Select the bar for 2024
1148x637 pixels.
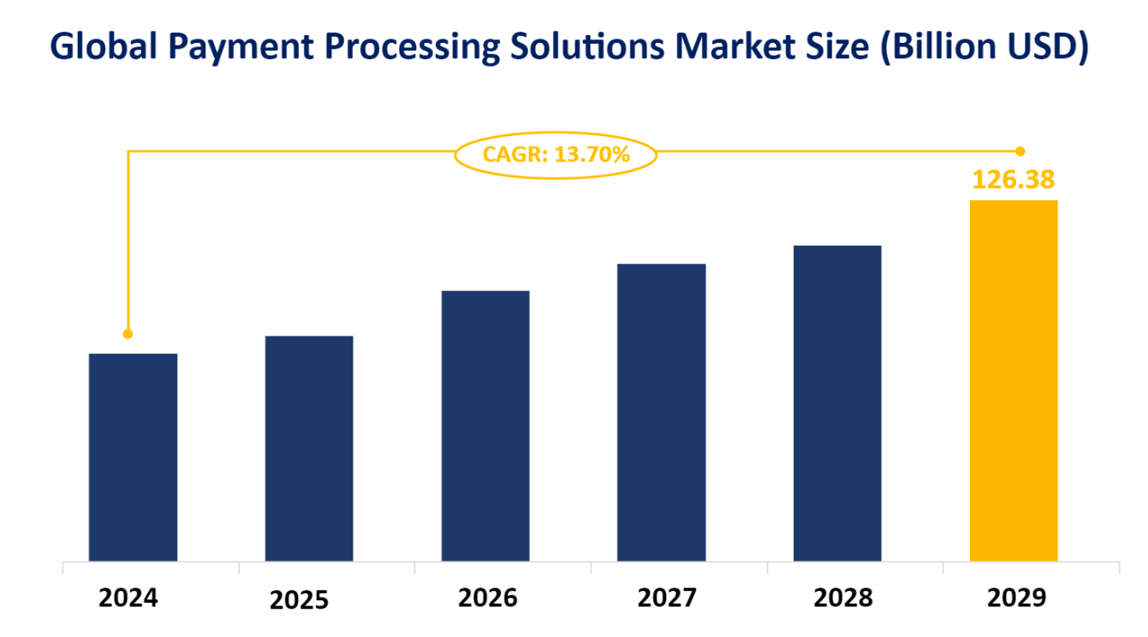pyautogui.click(x=133, y=457)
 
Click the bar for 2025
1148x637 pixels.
pyautogui.click(x=309, y=449)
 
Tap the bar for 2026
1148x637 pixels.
pyautogui.click(x=485, y=426)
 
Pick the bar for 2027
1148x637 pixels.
pyautogui.click(x=662, y=412)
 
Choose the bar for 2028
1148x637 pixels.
pyautogui.click(x=837, y=403)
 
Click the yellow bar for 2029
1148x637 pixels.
pyautogui.click(x=1014, y=381)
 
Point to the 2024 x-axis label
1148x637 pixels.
pyautogui.click(x=128, y=598)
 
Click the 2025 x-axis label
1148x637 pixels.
pyautogui.click(x=299, y=600)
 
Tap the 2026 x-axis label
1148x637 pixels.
pyautogui.click(x=488, y=598)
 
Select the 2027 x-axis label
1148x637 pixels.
pyautogui.click(x=668, y=598)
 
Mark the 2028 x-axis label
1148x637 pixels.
pyautogui.click(x=843, y=598)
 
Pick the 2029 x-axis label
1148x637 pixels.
pyautogui.click(x=1017, y=598)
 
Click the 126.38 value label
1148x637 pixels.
pyautogui.click(x=1013, y=180)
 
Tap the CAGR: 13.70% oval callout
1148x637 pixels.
pyautogui.click(x=556, y=155)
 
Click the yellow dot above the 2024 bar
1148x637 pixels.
pyautogui.click(x=128, y=334)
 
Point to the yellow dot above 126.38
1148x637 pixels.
pyautogui.click(x=1020, y=152)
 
